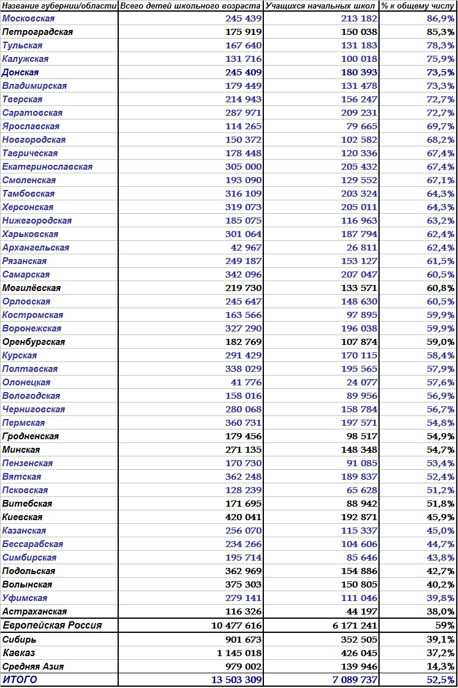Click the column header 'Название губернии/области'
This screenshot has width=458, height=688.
coord(59,6)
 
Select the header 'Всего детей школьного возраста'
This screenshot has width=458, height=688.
coord(191,6)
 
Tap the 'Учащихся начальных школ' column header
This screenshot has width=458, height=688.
coord(321,6)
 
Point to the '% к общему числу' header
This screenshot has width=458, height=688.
coord(418,6)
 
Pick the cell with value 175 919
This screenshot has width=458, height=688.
coord(244,32)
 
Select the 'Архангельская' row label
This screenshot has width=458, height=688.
coord(36,248)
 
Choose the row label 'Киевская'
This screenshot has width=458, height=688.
coord(22,517)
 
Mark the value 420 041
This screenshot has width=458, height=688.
coord(244,517)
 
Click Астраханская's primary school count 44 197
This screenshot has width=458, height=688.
coord(362,611)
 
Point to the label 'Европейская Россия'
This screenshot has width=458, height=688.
coord(52,626)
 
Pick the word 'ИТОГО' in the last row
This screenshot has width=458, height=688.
coord(20,680)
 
